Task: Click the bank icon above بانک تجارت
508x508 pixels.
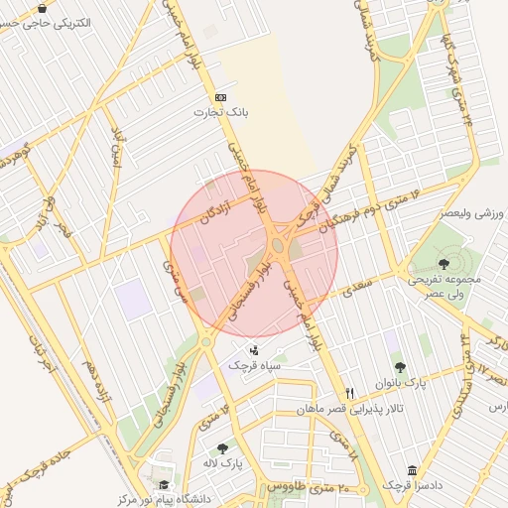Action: pyautogui.click(x=220, y=97)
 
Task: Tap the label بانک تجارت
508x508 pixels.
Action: pyautogui.click(x=221, y=113)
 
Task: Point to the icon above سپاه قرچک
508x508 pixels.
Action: pyautogui.click(x=255, y=349)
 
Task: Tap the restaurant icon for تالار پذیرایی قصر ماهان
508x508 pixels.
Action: pyautogui.click(x=348, y=394)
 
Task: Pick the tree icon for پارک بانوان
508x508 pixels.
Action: pyautogui.click(x=400, y=366)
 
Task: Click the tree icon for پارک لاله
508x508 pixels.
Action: pyautogui.click(x=222, y=448)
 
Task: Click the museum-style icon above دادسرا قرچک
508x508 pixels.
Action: pyautogui.click(x=412, y=470)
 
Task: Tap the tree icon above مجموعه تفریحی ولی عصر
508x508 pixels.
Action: pyautogui.click(x=443, y=264)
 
